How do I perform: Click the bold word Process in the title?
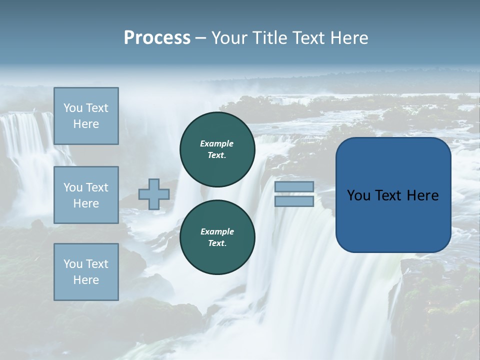(x=157, y=38)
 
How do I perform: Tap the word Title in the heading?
(x=268, y=38)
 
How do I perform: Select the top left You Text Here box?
(x=86, y=116)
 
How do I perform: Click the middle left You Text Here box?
(x=86, y=195)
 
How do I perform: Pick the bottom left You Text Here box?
(x=86, y=272)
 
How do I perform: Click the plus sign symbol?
(x=154, y=194)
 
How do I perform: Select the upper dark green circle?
(x=217, y=149)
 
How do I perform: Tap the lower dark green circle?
(x=217, y=237)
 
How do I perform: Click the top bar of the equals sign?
(x=294, y=187)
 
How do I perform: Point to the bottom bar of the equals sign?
(x=294, y=201)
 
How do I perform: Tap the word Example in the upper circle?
(x=217, y=143)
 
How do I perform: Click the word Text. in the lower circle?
(x=217, y=243)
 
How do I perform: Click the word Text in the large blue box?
(x=393, y=195)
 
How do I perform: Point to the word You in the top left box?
(x=73, y=108)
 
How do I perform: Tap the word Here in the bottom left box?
(x=86, y=280)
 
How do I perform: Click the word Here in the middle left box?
(x=86, y=203)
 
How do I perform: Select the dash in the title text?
(x=201, y=38)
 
